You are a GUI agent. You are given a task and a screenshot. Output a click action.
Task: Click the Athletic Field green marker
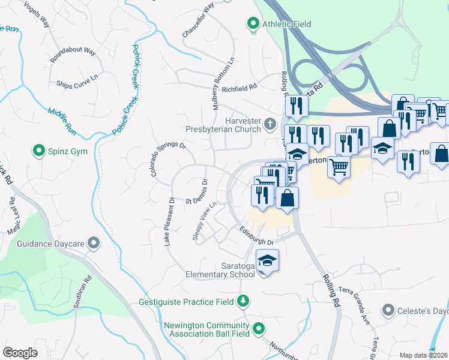tap(253, 25)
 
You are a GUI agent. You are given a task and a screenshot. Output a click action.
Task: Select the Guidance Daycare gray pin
tap(94, 243)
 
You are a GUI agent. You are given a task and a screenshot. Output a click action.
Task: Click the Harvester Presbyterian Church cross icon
tap(270, 125)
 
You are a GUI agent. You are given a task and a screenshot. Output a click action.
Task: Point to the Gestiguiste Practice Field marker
tap(244, 301)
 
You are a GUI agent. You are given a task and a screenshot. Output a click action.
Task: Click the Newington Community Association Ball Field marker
tap(259, 328)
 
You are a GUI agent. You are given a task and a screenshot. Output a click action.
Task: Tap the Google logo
tap(20, 353)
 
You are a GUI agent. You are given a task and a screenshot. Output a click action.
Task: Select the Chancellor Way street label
tap(199, 20)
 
